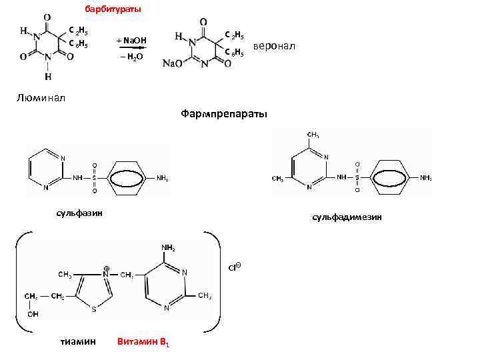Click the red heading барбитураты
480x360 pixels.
coord(113,10)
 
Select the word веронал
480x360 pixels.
coord(273,46)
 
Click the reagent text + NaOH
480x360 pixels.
coord(131,41)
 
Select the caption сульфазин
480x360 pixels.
coord(79,213)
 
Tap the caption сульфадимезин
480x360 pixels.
coord(346,217)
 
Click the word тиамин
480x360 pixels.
coord(78,341)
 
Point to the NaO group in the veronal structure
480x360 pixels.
coord(173,63)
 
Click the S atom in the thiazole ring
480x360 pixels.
coord(94,309)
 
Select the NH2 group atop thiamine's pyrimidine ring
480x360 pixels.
coord(167,248)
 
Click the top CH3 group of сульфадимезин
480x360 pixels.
coord(312,135)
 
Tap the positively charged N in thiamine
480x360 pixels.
coord(106,273)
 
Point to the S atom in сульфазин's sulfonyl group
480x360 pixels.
coord(94,178)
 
